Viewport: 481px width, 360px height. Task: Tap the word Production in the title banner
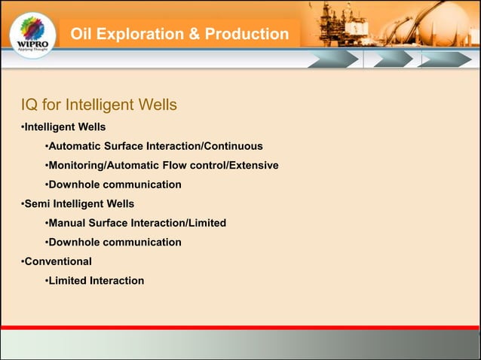click(247, 35)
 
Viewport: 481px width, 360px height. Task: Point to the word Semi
click(38, 203)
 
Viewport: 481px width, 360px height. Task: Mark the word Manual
click(69, 223)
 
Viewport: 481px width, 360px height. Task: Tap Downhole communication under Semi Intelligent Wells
click(115, 243)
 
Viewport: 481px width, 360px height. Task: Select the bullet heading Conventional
click(58, 261)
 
